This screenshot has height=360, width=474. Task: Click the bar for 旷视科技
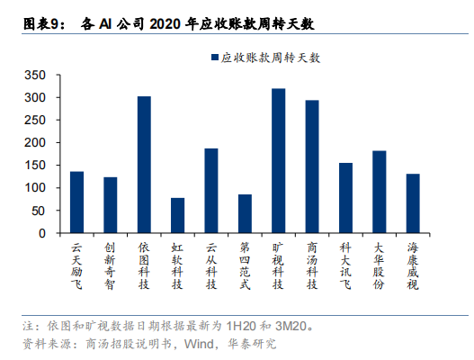tap(279, 160)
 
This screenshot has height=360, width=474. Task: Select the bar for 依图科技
tap(144, 165)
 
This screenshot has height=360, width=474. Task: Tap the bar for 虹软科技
tap(178, 215)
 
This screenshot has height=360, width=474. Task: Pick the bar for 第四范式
tap(245, 213)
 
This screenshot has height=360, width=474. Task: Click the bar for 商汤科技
tap(312, 166)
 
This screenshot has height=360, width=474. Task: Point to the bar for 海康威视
tap(413, 203)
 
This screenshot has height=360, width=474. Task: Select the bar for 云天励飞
tap(76, 202)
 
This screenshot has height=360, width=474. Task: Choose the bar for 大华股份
tap(380, 192)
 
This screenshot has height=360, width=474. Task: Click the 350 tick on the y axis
tap(35, 75)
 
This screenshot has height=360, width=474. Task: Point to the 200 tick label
tap(35, 142)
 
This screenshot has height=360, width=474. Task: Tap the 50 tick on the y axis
tap(39, 211)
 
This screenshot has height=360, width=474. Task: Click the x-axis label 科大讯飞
tap(345, 265)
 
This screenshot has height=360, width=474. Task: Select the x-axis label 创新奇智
tap(111, 265)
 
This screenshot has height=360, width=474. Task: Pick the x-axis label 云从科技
tap(211, 265)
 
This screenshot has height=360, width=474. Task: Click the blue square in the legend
tap(215, 58)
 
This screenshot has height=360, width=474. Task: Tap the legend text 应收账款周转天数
tap(270, 58)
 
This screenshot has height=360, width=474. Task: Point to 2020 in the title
tap(165, 24)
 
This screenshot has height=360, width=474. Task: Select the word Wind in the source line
tap(199, 344)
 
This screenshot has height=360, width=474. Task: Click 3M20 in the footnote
tap(291, 326)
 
